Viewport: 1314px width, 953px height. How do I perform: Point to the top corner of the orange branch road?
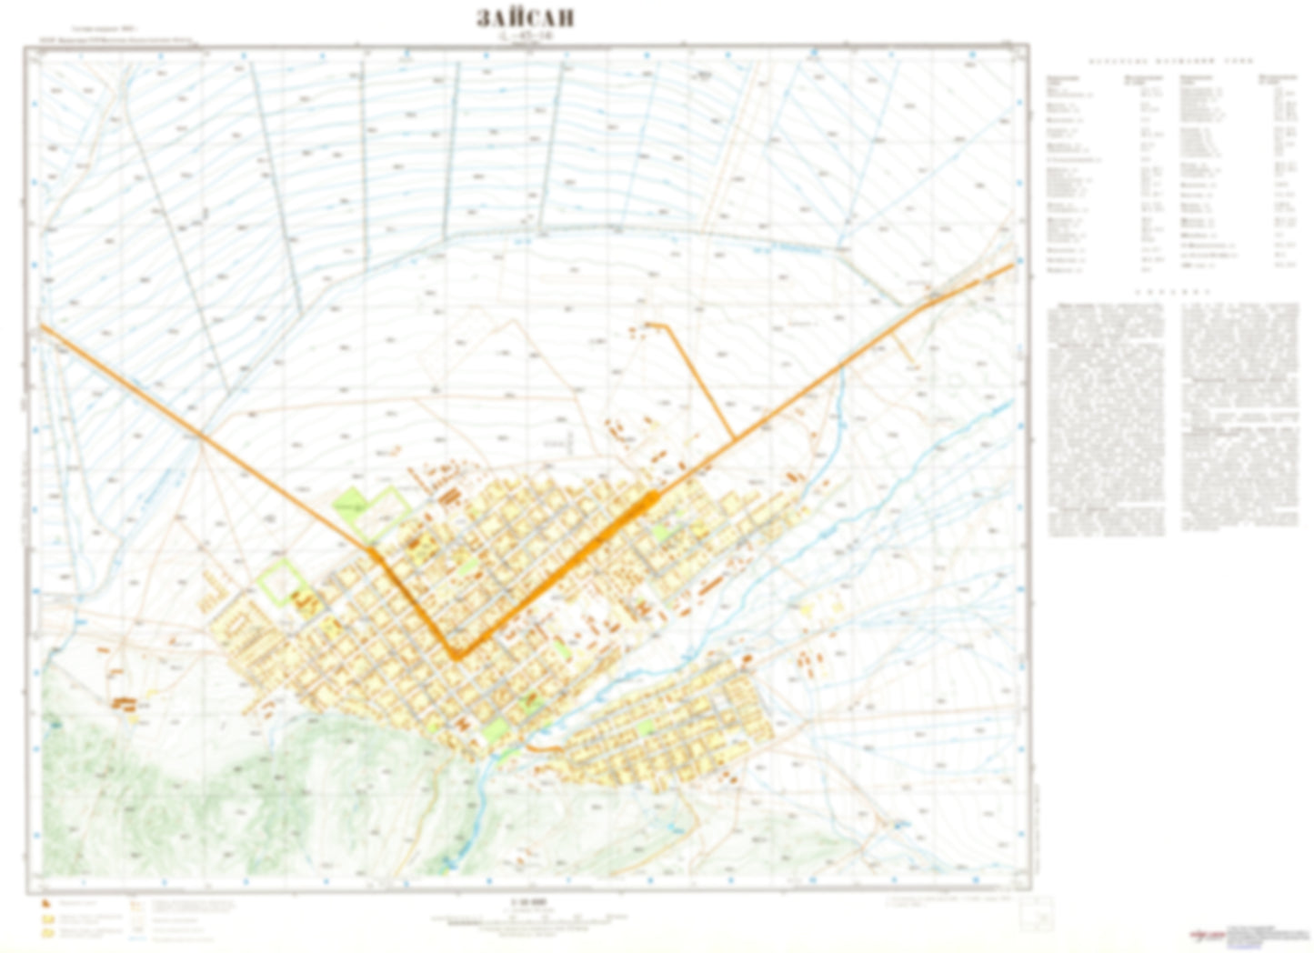pos(668,325)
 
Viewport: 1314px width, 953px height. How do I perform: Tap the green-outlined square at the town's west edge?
pos(280,582)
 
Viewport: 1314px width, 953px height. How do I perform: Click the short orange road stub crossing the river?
pos(544,747)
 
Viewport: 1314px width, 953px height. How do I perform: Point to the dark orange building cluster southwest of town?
pos(125,702)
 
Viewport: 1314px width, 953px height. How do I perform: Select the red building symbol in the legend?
pos(45,904)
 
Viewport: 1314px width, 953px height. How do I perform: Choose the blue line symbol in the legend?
pos(136,933)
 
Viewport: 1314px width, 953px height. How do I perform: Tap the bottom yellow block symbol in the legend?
pos(45,933)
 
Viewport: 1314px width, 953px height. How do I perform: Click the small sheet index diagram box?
pos(1038,914)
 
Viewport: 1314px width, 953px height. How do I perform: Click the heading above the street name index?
pos(1171,61)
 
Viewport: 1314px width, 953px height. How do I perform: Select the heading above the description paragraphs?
pos(1171,293)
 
